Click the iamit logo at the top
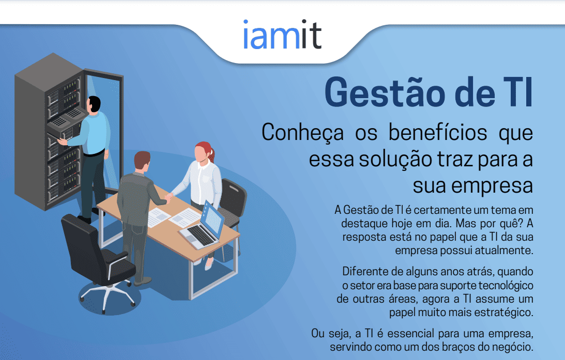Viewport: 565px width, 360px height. tap(282, 35)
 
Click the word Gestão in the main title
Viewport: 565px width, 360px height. tap(385, 92)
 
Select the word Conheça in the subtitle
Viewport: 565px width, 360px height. tap(303, 133)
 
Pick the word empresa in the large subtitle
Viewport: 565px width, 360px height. tap(492, 186)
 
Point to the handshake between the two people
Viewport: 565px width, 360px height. tap(168, 196)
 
